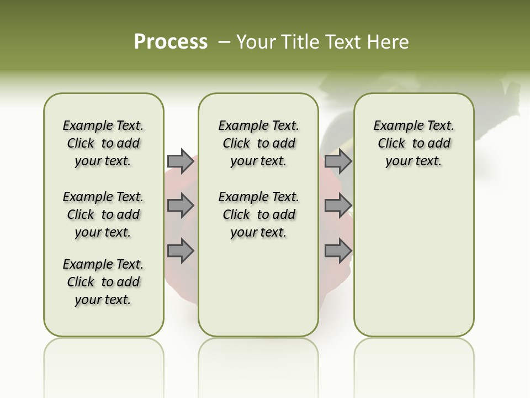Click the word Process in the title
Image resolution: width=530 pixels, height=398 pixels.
tap(171, 41)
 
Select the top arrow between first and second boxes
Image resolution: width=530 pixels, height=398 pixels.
tap(181, 161)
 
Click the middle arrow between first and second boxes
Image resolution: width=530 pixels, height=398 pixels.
tap(181, 206)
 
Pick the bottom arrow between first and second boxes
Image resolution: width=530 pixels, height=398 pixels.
tap(181, 251)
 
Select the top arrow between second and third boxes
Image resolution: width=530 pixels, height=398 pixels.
tap(338, 161)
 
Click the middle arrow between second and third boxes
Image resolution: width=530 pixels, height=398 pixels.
tap(338, 206)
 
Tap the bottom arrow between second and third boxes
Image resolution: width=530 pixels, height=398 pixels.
tap(338, 251)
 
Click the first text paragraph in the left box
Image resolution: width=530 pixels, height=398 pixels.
tap(103, 143)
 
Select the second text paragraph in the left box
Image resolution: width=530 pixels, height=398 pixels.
tap(103, 214)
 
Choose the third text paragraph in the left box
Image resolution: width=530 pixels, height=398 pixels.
tap(103, 282)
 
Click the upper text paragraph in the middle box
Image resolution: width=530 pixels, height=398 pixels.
tap(258, 143)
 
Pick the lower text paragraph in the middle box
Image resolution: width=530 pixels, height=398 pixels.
tap(258, 214)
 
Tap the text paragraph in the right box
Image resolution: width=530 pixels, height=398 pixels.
tap(414, 143)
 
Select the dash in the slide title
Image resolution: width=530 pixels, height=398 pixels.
tap(224, 42)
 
